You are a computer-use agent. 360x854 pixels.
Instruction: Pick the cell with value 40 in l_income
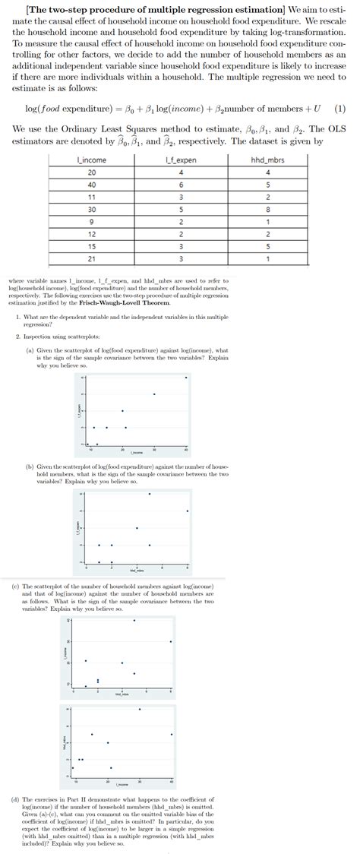(92, 183)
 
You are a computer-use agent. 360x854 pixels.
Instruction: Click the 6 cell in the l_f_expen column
(180, 183)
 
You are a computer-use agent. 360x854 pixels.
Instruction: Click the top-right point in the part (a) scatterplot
(186, 377)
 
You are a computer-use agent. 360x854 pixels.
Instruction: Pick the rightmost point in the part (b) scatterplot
(188, 511)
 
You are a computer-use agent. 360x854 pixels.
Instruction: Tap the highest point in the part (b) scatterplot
(150, 473)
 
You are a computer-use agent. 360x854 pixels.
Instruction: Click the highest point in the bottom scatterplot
(140, 709)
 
